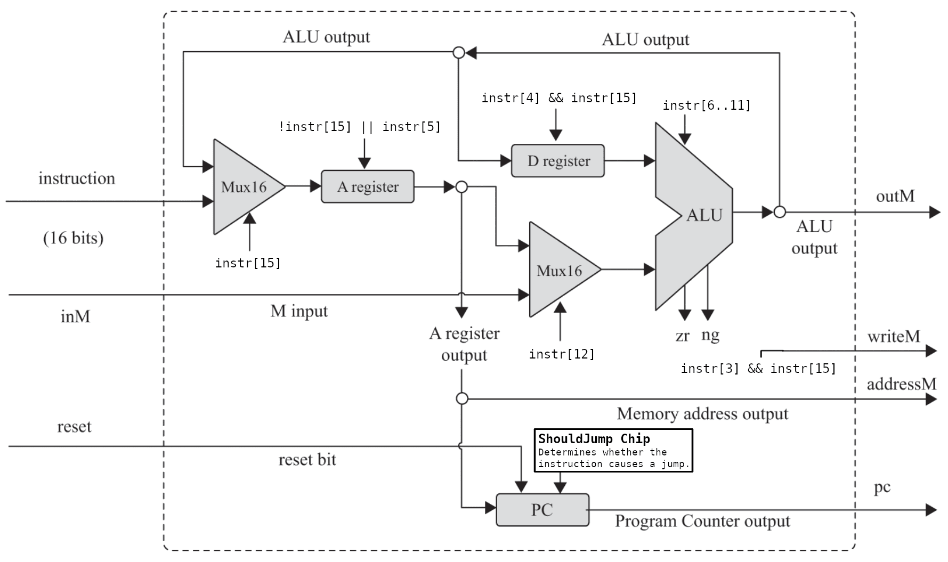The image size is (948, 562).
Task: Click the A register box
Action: pyautogui.click(x=367, y=186)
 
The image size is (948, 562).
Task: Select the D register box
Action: pyautogui.click(x=557, y=161)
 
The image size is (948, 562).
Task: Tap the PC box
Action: pyautogui.click(x=542, y=510)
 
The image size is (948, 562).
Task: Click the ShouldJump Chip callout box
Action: pyautogui.click(x=613, y=451)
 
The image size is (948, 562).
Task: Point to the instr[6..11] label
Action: pyautogui.click(x=707, y=105)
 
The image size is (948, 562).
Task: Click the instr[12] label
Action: pyautogui.click(x=561, y=354)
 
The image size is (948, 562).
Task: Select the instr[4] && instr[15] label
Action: pyautogui.click(x=559, y=98)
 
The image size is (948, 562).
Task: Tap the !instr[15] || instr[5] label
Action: pyautogui.click(x=360, y=127)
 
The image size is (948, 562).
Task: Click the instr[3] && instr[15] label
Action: pyautogui.click(x=758, y=369)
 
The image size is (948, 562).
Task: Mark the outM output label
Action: pyautogui.click(x=895, y=196)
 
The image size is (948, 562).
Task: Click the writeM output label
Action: pyautogui.click(x=893, y=337)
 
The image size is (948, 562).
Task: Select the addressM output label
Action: pyautogui.click(x=901, y=384)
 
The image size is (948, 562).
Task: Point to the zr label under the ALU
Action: pyautogui.click(x=682, y=336)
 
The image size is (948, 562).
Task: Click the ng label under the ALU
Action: pyautogui.click(x=710, y=335)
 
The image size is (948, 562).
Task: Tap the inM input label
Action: pyautogui.click(x=75, y=316)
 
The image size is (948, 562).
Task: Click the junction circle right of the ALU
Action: pyautogui.click(x=779, y=212)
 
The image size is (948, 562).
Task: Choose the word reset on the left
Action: pyautogui.click(x=74, y=427)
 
